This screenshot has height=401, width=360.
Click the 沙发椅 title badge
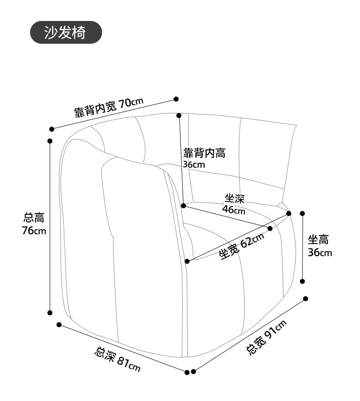(x=65, y=32)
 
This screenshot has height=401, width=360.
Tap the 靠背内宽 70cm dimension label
(x=109, y=107)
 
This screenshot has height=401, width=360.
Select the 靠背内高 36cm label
(x=204, y=158)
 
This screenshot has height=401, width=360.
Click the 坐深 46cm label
(x=234, y=204)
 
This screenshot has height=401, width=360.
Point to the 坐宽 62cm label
(x=242, y=247)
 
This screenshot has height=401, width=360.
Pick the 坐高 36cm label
(x=319, y=246)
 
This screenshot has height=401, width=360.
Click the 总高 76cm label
(x=35, y=224)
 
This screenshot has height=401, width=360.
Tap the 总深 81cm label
(x=118, y=359)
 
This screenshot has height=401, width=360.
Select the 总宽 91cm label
(x=267, y=338)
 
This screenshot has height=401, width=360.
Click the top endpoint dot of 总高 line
(x=50, y=141)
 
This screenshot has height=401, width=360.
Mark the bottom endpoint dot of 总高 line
(x=50, y=313)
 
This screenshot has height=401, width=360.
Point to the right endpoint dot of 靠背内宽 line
(x=176, y=99)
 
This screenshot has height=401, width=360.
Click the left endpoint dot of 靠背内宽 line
(x=52, y=129)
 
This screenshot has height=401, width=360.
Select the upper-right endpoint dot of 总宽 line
(x=305, y=299)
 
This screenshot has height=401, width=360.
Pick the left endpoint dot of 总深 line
(x=59, y=324)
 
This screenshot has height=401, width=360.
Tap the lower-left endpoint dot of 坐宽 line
(x=187, y=261)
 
